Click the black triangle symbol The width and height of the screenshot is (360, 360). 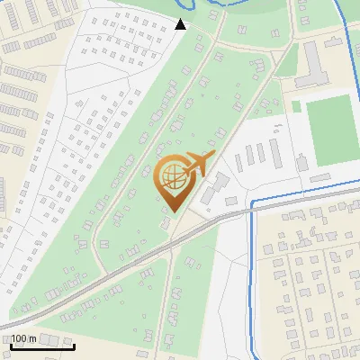(x=181, y=24)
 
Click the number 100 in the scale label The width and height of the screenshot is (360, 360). (x=21, y=337)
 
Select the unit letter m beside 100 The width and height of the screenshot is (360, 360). (x=33, y=337)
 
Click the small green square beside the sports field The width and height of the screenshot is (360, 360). (x=296, y=106)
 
